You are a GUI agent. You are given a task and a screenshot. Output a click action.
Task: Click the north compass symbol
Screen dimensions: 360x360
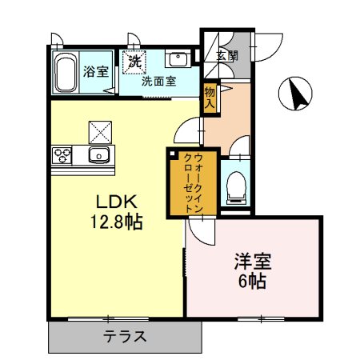(297, 94)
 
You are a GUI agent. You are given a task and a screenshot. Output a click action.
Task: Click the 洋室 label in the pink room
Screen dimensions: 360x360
(253, 262)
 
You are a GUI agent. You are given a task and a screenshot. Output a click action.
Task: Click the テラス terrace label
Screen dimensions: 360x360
(125, 337)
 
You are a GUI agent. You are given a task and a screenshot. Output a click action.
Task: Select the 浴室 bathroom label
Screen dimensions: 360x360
(96, 72)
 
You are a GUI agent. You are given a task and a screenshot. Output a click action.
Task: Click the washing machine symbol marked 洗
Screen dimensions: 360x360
(134, 60)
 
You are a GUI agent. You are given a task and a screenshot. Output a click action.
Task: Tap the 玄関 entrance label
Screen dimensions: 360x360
(227, 55)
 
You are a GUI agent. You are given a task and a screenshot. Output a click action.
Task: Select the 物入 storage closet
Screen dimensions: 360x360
(210, 98)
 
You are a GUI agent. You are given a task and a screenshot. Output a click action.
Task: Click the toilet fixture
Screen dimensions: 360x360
(235, 186)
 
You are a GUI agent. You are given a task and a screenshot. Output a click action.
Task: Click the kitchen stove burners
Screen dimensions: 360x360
(63, 154)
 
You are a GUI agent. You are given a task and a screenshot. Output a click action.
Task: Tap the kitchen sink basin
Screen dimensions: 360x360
(99, 154)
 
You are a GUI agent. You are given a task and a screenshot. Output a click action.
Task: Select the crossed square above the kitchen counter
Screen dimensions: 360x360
(100, 130)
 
